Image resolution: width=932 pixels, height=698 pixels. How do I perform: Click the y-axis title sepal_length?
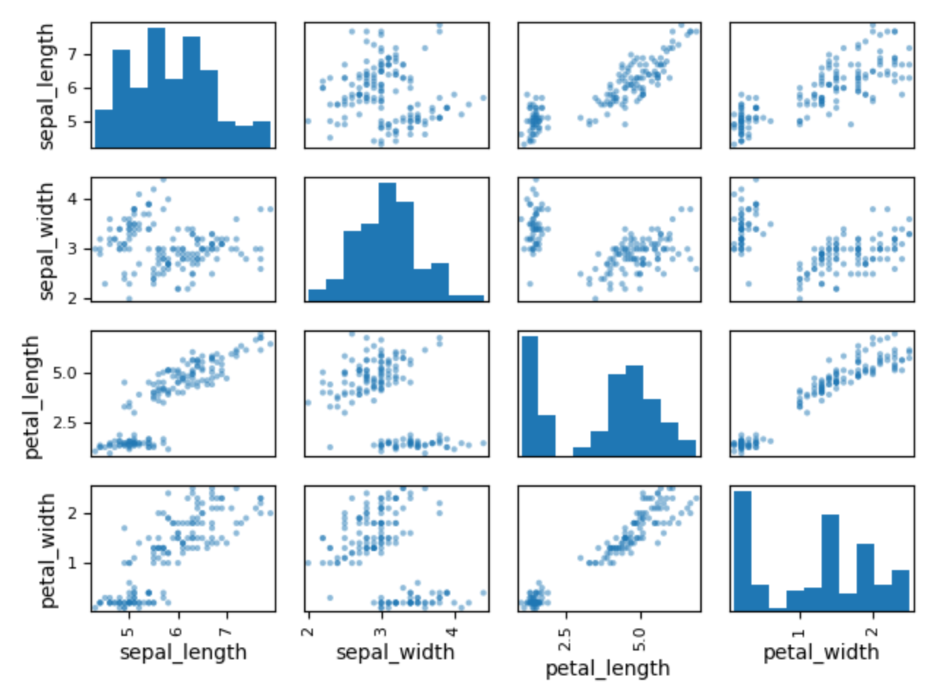(46, 86)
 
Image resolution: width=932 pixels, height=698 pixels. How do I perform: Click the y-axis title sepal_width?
(46, 240)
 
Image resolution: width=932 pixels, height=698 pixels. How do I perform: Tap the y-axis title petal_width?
(46, 550)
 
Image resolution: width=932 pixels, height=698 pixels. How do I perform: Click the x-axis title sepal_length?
(183, 652)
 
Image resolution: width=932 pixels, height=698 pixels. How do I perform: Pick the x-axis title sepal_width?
(395, 652)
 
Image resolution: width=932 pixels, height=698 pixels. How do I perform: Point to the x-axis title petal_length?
(607, 668)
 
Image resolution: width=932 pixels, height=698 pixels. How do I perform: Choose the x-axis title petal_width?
(821, 652)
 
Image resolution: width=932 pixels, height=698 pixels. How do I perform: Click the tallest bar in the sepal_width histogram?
(387, 241)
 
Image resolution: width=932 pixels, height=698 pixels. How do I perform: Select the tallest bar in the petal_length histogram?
(529, 395)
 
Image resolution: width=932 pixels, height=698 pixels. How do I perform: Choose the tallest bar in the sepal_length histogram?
(156, 88)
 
